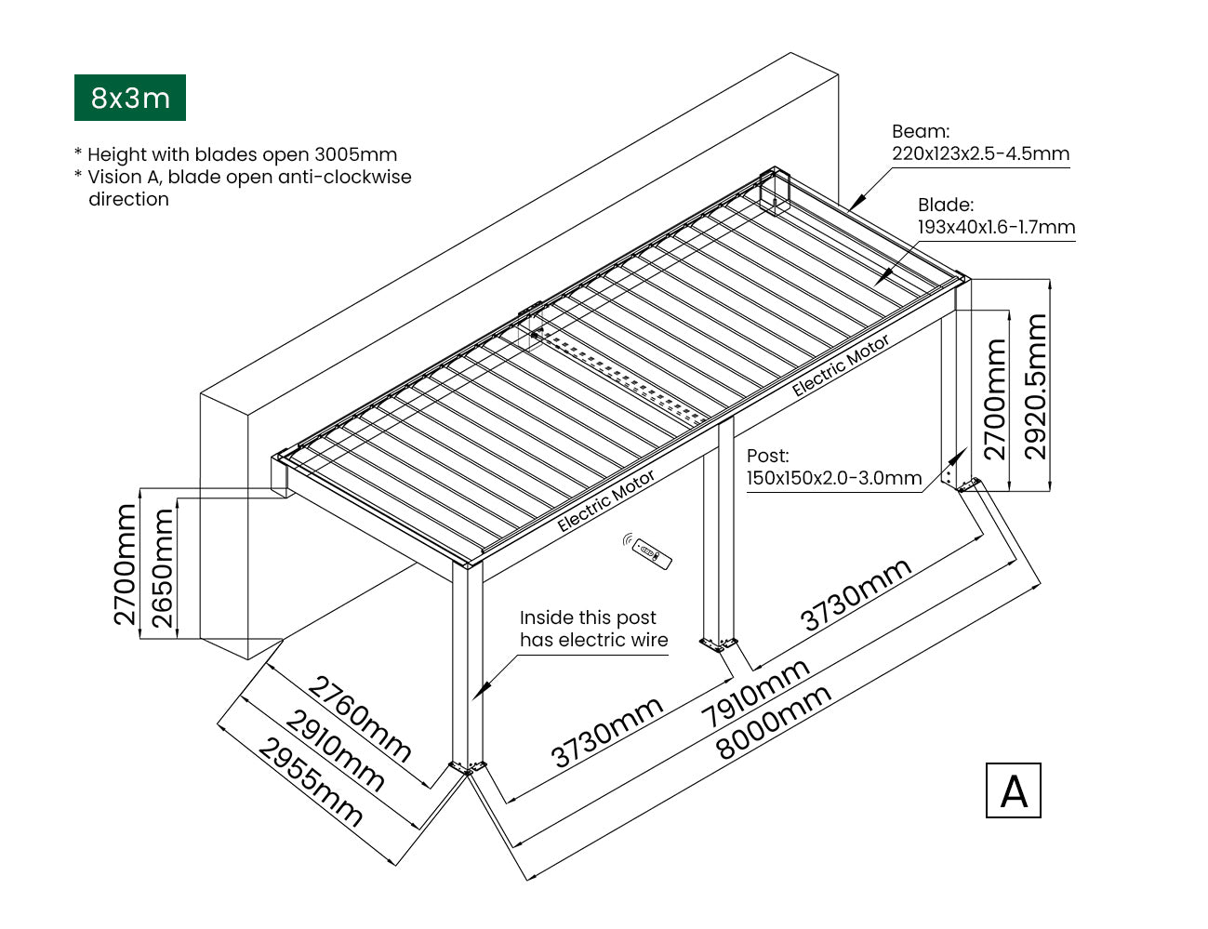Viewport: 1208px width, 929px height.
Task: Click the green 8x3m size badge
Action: click(x=129, y=98)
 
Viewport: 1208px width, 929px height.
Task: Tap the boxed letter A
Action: click(x=1013, y=790)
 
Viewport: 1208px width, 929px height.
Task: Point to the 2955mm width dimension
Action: click(x=309, y=783)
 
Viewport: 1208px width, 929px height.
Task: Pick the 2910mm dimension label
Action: click(x=334, y=750)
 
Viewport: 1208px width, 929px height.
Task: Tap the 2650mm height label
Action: click(x=162, y=567)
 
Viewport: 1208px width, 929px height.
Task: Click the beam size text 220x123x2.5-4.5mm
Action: click(x=980, y=153)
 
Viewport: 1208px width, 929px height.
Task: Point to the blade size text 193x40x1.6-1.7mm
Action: click(x=996, y=227)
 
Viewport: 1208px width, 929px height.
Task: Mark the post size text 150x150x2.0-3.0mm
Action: click(x=833, y=478)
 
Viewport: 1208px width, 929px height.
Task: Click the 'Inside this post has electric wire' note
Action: click(x=593, y=629)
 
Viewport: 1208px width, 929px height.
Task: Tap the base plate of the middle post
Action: click(x=719, y=643)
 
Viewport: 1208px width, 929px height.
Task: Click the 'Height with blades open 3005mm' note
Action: click(x=242, y=155)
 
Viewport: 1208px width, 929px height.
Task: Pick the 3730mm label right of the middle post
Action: click(x=855, y=595)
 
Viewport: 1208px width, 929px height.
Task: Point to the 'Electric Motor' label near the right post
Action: click(x=840, y=365)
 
